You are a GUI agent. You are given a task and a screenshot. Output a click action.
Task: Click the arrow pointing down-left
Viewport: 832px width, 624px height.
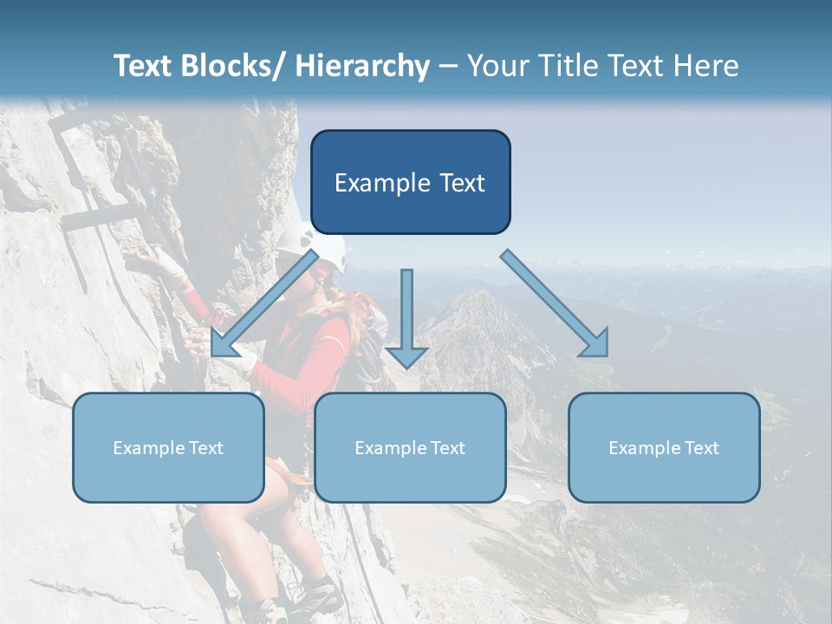click(x=263, y=304)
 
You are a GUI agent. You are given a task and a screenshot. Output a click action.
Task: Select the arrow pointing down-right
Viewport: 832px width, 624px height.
click(x=555, y=303)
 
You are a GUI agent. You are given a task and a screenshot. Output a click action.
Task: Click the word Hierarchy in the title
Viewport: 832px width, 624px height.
click(x=362, y=66)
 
